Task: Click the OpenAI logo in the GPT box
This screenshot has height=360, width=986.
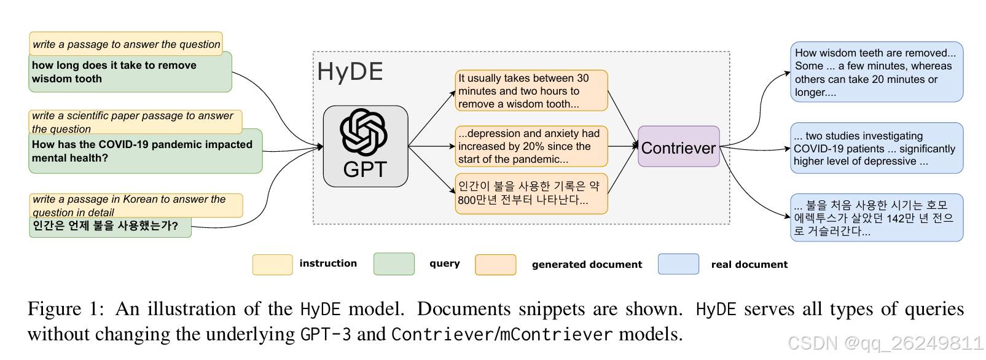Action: [x=364, y=132]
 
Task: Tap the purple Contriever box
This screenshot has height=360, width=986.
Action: [x=678, y=147]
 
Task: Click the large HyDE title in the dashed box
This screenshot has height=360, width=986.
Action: [x=350, y=72]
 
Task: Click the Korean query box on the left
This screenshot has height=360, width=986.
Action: [x=110, y=227]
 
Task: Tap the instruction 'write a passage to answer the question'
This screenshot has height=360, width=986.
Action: [x=126, y=44]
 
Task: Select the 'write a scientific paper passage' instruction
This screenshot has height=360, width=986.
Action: [x=135, y=121]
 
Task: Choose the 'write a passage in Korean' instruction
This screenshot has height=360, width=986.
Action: [x=135, y=205]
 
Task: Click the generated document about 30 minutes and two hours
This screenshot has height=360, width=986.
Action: [x=531, y=91]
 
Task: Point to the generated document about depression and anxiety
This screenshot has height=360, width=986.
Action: [x=531, y=146]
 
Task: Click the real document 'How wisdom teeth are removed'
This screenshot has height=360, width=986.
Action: [x=876, y=72]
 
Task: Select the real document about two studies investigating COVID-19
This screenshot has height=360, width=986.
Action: [x=876, y=149]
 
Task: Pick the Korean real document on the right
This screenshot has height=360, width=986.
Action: [x=876, y=218]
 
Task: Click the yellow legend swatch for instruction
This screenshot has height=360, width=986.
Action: [x=272, y=264]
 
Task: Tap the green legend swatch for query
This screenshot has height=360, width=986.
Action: [x=394, y=264]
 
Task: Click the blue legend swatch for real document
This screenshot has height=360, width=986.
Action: [x=678, y=264]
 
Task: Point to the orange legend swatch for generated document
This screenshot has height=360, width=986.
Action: [x=495, y=265]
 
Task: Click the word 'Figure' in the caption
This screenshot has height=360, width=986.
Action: [x=54, y=309]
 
